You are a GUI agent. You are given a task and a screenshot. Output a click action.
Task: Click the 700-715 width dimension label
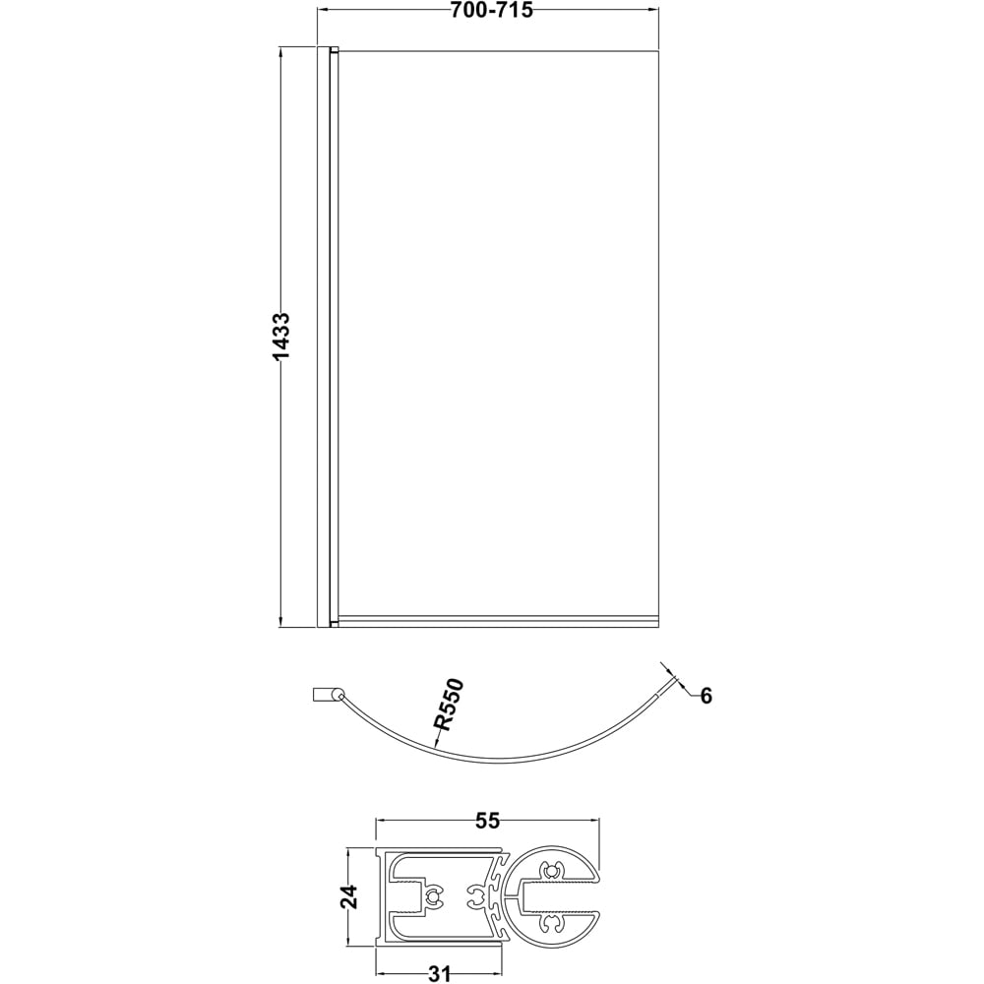pos(491,10)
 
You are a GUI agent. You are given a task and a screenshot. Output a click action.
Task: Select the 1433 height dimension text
pos(281,337)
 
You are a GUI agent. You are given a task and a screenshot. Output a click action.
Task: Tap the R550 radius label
pos(450,705)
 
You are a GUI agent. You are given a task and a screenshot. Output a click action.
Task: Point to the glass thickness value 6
pos(706,696)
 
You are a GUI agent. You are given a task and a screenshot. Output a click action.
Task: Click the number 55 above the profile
pos(488,821)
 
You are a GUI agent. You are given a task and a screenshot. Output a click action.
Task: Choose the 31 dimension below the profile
pos(439,973)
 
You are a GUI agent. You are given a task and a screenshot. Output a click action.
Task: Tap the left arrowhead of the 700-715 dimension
pos(322,10)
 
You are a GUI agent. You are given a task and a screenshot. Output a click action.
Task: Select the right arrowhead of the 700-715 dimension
pos(653,10)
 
